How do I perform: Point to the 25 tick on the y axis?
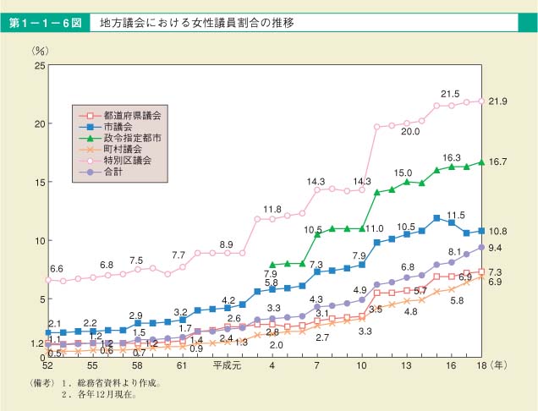coord(40,65)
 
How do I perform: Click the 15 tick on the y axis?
coord(40,182)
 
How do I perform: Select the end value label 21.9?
coord(497,101)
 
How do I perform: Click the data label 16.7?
coord(497,162)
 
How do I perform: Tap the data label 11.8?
coord(272,208)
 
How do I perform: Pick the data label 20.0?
coord(411,131)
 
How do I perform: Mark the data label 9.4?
coord(497,248)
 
